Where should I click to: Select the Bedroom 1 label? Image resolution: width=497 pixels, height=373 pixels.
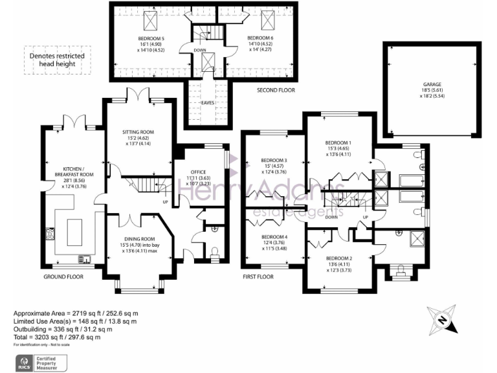(338, 142)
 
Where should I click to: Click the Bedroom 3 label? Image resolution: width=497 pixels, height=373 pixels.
(274, 161)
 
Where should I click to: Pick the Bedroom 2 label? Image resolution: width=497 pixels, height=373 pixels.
(339, 258)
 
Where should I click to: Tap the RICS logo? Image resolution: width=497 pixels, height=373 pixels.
(23, 361)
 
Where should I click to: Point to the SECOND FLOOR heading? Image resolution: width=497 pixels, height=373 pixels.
(276, 90)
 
